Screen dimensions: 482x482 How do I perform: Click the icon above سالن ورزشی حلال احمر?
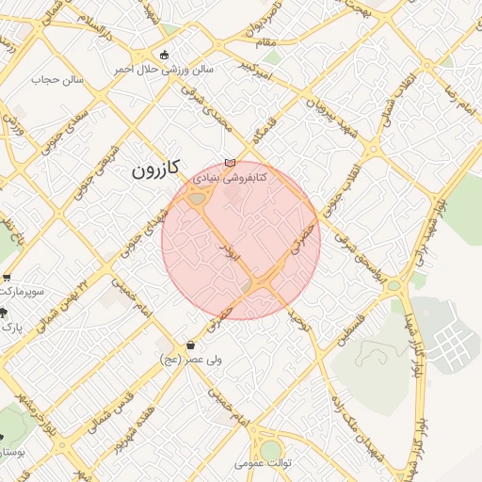pyautogui.click(x=166, y=55)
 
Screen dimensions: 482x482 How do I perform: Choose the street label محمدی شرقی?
pyautogui.click(x=221, y=116)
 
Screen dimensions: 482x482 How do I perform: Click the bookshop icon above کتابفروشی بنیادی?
pyautogui.click(x=230, y=163)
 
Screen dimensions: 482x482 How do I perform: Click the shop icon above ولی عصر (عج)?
pyautogui.click(x=192, y=345)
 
